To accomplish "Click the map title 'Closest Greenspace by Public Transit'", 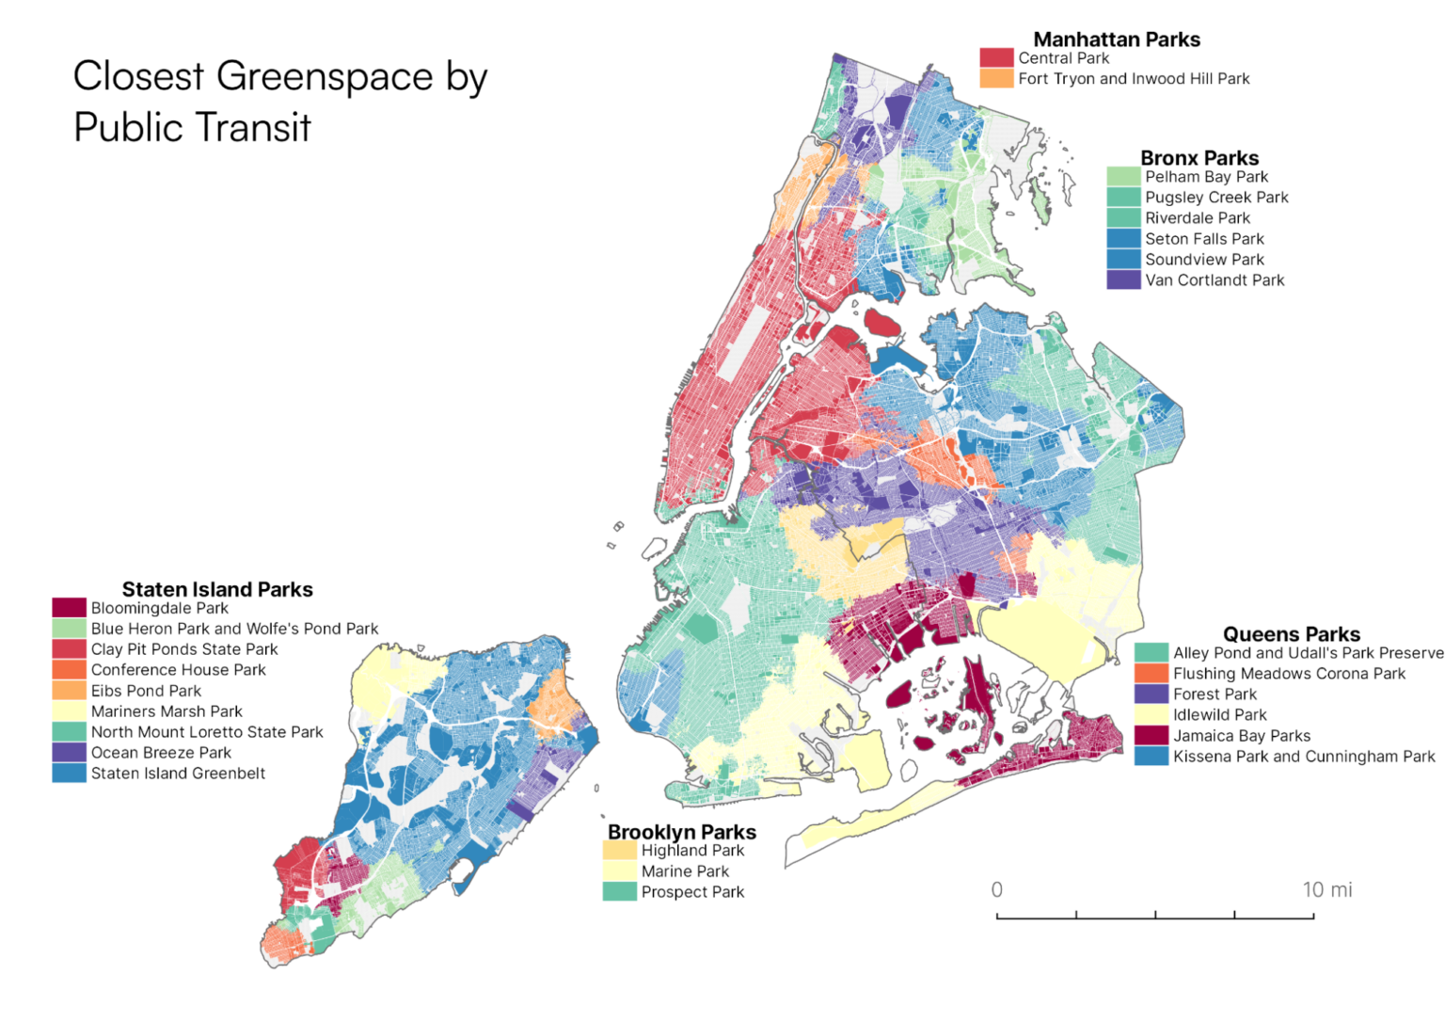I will coord(280,101).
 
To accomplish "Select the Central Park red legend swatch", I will coord(996,58).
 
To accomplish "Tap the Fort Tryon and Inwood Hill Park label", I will coord(1134,79).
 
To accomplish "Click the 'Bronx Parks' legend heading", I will coord(1199,157).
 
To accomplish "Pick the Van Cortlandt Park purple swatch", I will coord(1123,280).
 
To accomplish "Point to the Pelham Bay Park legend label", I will coord(1206,177).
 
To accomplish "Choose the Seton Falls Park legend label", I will coord(1204,239).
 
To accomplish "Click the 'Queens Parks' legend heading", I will coord(1291,633).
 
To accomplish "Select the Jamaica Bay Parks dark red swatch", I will coord(1151,736).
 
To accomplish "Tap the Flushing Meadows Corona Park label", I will coord(1289,674).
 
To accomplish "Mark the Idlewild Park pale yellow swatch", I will coord(1151,715).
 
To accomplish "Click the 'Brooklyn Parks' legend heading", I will coord(682,832).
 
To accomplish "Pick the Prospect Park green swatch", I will coord(619,892).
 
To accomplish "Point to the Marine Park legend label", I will coord(685,871).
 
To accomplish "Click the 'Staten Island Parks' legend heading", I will coord(217,589).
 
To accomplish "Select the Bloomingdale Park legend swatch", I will coord(69,608).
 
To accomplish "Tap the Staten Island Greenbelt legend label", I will coord(178,774).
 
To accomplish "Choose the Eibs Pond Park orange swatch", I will coord(69,691).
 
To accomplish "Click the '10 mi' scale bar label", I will coord(1326,889).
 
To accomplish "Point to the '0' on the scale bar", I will coord(997,889).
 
